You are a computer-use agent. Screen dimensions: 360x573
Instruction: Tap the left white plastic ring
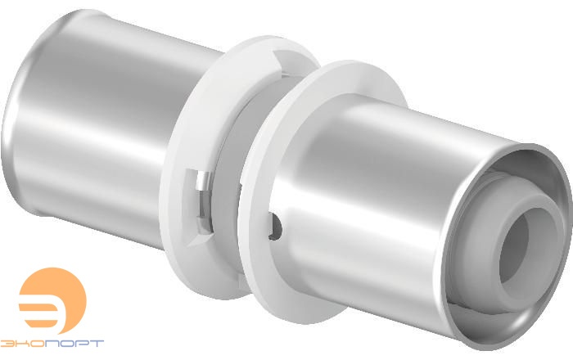(x=205, y=155)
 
